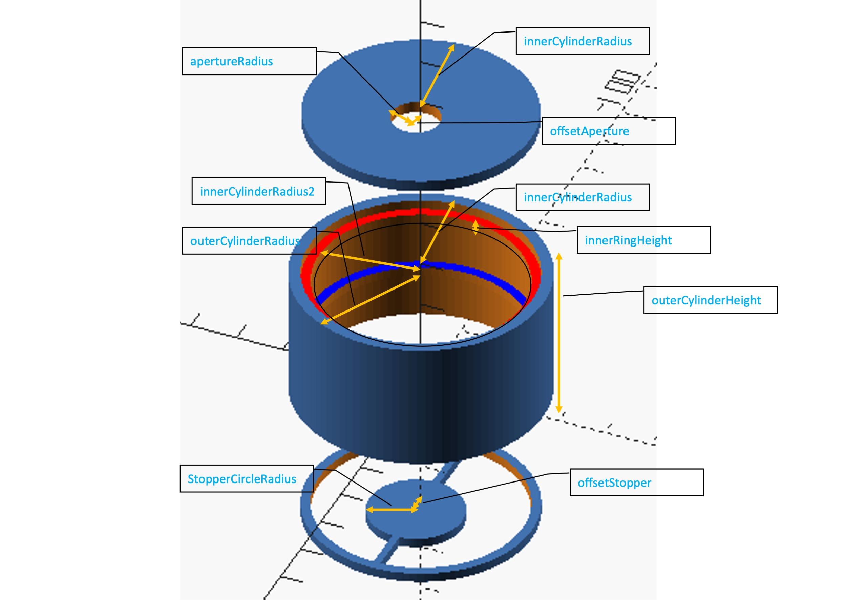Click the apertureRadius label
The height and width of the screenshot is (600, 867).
[231, 61]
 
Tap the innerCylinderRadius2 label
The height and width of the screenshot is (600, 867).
[257, 191]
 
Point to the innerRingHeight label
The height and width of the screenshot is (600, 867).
[628, 240]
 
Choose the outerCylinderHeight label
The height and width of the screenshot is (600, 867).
[706, 300]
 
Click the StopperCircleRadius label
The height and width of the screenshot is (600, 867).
[242, 479]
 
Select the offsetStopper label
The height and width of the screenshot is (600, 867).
[614, 483]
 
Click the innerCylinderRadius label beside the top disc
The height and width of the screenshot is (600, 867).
[577, 41]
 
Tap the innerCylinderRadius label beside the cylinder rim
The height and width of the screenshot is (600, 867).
[577, 197]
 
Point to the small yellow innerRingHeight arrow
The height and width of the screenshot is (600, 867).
[475, 228]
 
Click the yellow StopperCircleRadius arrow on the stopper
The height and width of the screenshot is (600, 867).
[391, 510]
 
